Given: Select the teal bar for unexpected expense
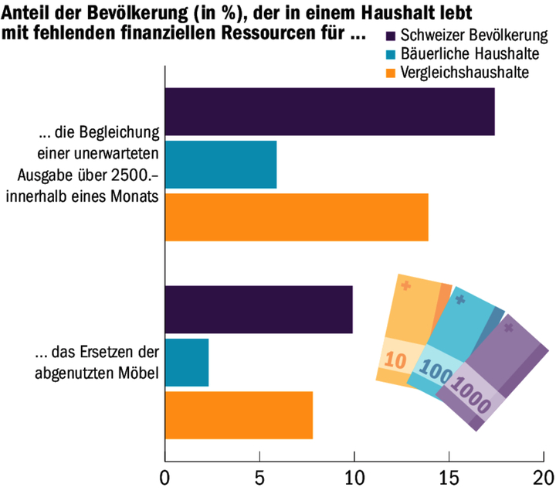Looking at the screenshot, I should coord(221,165).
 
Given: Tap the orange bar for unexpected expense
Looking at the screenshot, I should coord(297,217).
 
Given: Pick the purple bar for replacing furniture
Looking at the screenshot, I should coord(259,309).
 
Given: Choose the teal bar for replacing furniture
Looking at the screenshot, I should coord(187,363).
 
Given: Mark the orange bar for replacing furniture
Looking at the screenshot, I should coord(239,415).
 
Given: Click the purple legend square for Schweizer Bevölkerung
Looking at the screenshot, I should coord(389,36).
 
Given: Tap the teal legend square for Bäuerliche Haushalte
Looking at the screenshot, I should coord(389,55).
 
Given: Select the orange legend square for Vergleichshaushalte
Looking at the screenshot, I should coord(389,73).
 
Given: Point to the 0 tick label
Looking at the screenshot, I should coord(164,476).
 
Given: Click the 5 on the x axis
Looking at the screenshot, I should coord(259,476).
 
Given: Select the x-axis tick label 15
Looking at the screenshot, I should coord(449,476).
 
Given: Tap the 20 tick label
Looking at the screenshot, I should coord(544,476).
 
